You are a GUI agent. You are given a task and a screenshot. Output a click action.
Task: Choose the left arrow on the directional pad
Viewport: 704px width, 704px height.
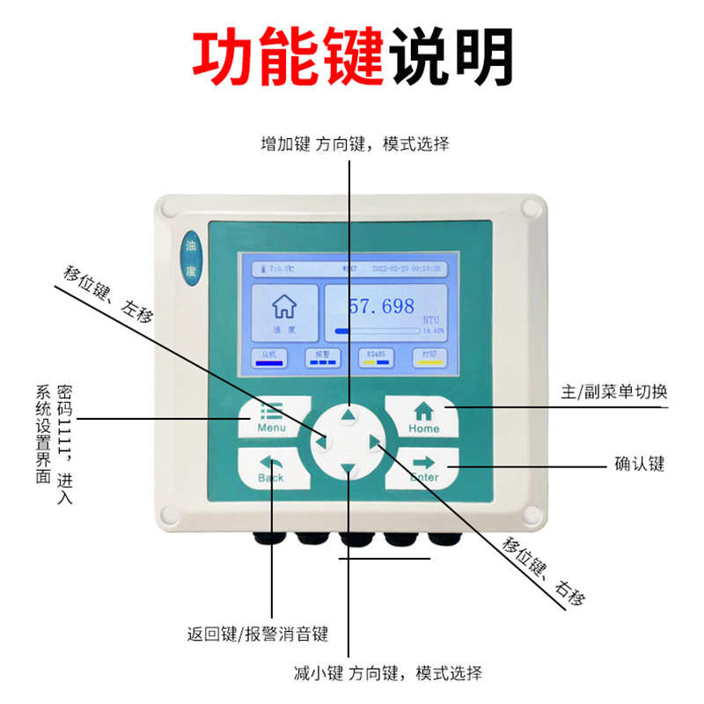pyautogui.click(x=321, y=442)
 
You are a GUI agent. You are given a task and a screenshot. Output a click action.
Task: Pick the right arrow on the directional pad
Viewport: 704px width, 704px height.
pyautogui.click(x=376, y=442)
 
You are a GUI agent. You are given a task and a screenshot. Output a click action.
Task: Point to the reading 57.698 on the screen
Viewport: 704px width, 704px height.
pyautogui.click(x=381, y=306)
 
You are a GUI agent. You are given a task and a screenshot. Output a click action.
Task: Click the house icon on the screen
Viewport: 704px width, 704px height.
pyautogui.click(x=283, y=306)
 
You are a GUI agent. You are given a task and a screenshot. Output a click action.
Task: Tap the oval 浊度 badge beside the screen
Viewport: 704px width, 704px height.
pyautogui.click(x=191, y=257)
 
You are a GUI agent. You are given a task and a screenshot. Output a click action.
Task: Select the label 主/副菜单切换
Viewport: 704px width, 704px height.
pyautogui.click(x=614, y=392)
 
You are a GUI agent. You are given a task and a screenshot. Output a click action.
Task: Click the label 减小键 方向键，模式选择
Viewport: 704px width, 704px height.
pyautogui.click(x=388, y=674)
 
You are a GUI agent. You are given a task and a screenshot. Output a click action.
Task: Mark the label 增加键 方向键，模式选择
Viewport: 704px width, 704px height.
pyautogui.click(x=355, y=144)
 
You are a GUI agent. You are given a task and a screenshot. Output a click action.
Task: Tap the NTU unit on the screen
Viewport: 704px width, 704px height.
pyautogui.click(x=430, y=319)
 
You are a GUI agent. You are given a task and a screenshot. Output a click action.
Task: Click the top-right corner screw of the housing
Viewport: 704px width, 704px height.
pyautogui.click(x=529, y=209)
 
